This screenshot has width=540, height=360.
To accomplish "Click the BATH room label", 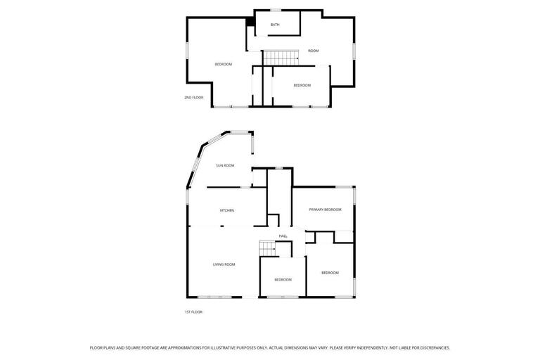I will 275,25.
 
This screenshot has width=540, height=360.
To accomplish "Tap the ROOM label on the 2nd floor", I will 314,51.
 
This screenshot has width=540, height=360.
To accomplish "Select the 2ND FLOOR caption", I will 194,97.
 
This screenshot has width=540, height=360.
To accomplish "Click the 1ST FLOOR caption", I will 193,311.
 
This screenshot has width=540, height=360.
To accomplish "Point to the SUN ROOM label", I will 225,165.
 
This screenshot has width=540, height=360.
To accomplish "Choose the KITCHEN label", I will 227,210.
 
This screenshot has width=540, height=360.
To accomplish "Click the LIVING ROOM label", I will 224,264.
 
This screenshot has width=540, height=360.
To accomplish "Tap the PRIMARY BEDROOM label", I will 325,210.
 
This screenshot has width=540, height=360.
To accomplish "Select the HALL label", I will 283,236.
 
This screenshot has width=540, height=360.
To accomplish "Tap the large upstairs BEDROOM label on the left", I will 224,64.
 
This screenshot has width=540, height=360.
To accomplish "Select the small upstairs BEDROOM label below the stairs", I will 302,85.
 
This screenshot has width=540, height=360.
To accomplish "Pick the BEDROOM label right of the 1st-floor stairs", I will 283,279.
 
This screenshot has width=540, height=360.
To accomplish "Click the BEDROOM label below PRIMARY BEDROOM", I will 330,272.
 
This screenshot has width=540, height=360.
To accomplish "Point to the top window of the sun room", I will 240,131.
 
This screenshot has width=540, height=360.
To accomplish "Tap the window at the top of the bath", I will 276,10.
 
